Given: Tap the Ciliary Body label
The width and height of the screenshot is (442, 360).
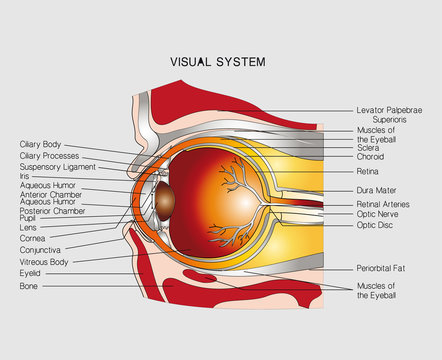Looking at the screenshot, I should (x=41, y=144).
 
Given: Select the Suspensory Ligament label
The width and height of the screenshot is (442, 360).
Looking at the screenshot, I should (x=55, y=167).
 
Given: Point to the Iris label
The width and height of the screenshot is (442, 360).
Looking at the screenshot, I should (x=24, y=176).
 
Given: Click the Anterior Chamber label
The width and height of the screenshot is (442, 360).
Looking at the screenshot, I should (x=49, y=194).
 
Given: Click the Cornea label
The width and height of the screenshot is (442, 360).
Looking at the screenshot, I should (x=32, y=238).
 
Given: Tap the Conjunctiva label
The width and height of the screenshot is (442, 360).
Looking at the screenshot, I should (x=41, y=249).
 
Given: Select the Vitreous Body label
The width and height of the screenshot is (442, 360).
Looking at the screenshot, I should (x=45, y=260).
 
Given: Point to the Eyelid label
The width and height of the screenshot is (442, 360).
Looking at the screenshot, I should (x=30, y=272).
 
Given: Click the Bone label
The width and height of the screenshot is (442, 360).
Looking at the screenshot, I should (x=28, y=286).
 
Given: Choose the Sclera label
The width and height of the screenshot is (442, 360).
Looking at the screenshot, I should (x=369, y=146).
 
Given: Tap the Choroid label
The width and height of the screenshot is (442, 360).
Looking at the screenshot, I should (x=371, y=157).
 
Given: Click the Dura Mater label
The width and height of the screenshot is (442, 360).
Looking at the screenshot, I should (x=377, y=188).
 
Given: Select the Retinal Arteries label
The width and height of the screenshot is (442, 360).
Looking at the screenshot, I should (x=386, y=204).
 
